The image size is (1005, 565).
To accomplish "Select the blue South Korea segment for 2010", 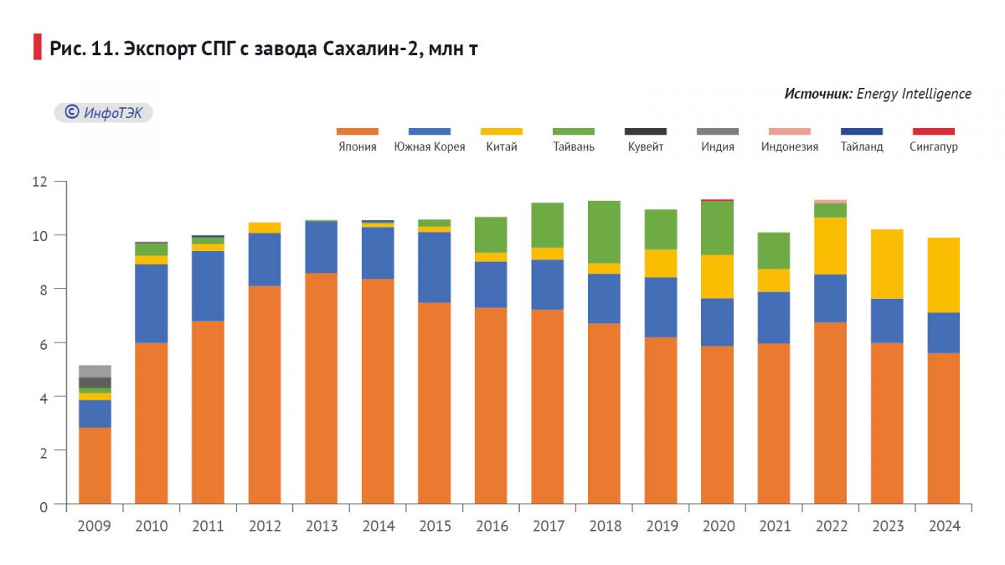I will (x=151, y=303).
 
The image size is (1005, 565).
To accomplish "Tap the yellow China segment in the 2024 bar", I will (x=943, y=275).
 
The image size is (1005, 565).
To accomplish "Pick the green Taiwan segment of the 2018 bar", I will (x=604, y=232).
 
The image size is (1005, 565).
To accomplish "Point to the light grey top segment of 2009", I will (x=95, y=371).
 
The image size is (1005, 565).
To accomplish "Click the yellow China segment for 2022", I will (x=829, y=245).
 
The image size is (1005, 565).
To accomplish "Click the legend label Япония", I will (x=357, y=147).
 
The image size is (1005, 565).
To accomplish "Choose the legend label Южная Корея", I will (x=429, y=147).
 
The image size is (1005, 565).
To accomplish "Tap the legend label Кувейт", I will (x=646, y=147).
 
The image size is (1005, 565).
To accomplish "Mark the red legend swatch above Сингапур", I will (x=933, y=131).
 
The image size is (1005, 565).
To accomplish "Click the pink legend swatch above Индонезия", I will (x=790, y=131).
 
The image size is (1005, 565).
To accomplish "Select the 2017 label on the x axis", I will (x=548, y=526).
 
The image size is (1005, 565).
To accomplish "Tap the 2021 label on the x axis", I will (x=775, y=526).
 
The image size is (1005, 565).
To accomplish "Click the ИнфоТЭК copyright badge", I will (x=104, y=113).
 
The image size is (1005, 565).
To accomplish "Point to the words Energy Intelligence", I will (x=914, y=94).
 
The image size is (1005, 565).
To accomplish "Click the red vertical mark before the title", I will (x=37, y=48).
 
